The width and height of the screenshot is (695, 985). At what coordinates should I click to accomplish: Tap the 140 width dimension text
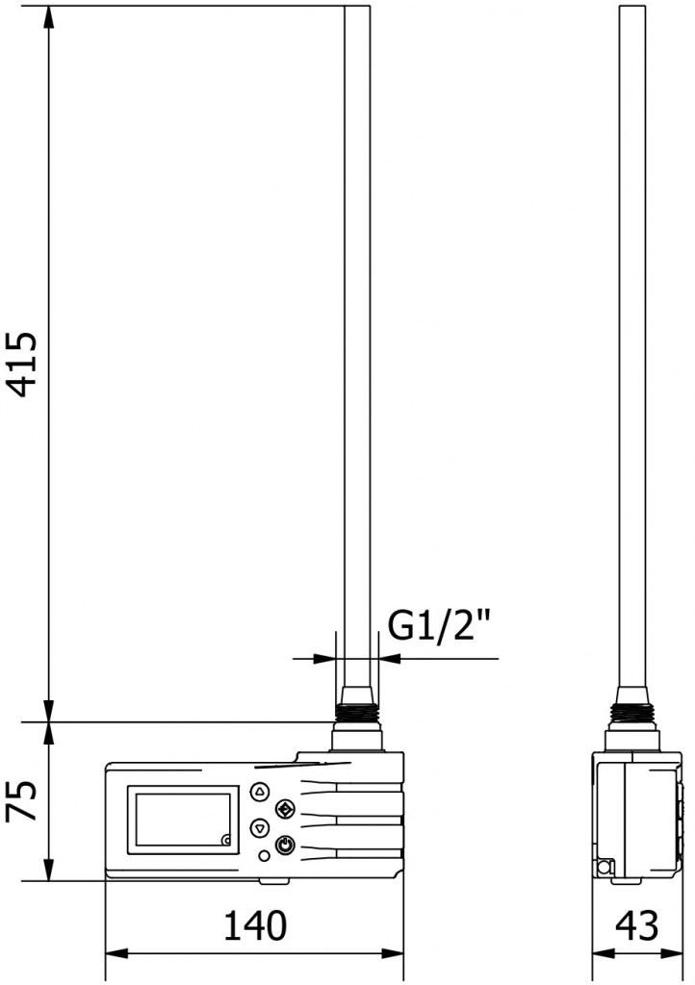click(255, 926)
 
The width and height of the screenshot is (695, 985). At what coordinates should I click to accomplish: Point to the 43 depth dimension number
click(636, 926)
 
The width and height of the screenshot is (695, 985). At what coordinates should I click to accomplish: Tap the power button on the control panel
click(284, 846)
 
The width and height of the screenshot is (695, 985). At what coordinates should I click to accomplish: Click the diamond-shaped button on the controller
click(284, 808)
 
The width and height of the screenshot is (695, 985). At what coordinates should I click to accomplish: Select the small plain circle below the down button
click(265, 856)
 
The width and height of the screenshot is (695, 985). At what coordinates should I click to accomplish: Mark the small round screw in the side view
click(604, 868)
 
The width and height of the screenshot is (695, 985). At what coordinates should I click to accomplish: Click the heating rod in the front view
click(356, 337)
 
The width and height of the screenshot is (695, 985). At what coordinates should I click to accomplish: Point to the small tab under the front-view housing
click(273, 880)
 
